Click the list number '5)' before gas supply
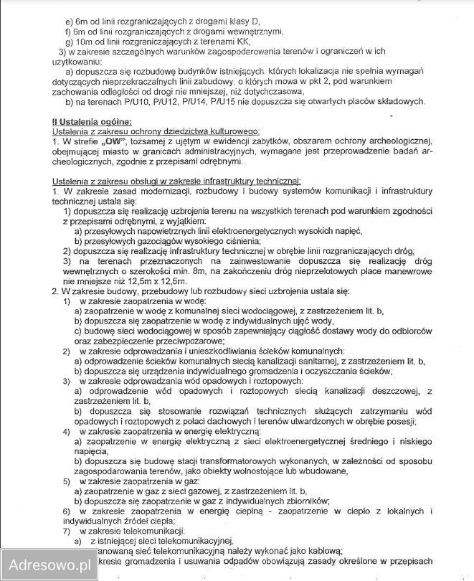click(67, 481)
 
